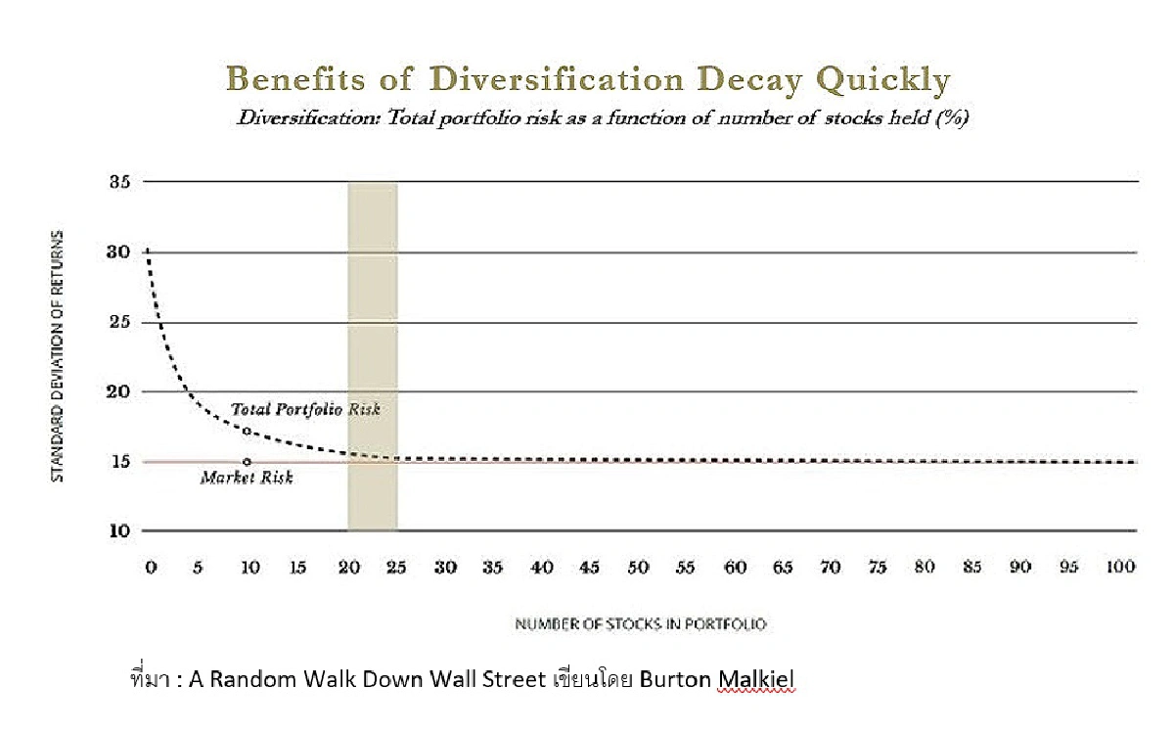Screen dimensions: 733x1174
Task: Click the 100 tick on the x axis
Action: (1120, 568)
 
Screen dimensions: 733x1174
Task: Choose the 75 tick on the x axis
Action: (878, 568)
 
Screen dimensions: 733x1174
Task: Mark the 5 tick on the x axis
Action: (199, 568)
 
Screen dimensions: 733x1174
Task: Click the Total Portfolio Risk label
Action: (305, 409)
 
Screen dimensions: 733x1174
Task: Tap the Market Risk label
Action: (247, 478)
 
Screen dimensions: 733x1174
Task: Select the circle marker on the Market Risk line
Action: (247, 462)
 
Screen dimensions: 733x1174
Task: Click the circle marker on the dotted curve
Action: (247, 431)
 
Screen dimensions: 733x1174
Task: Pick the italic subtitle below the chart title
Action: (601, 118)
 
